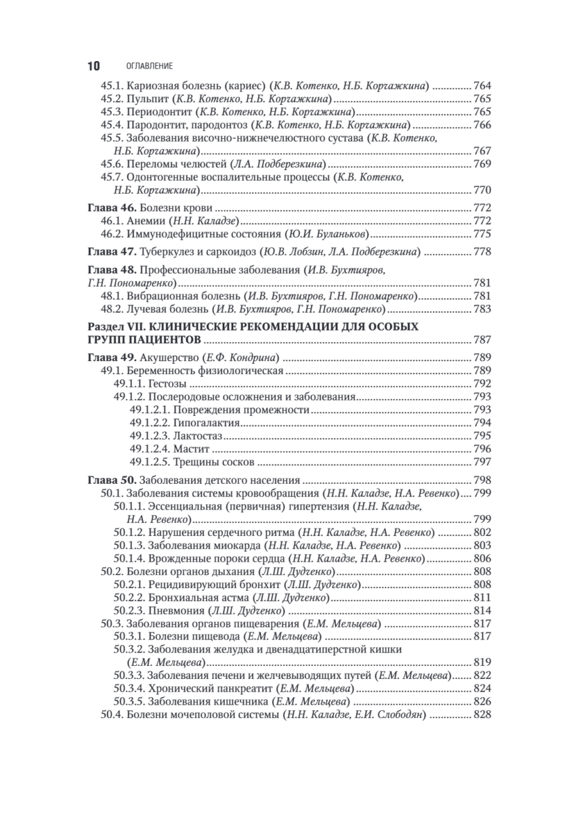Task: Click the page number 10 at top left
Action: pyautogui.click(x=93, y=66)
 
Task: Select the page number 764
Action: pyautogui.click(x=482, y=87)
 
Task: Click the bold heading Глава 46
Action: pyautogui.click(x=111, y=208)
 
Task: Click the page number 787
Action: pyautogui.click(x=482, y=340)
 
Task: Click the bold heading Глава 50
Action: pyautogui.click(x=111, y=480)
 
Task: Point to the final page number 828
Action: pyautogui.click(x=482, y=716)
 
